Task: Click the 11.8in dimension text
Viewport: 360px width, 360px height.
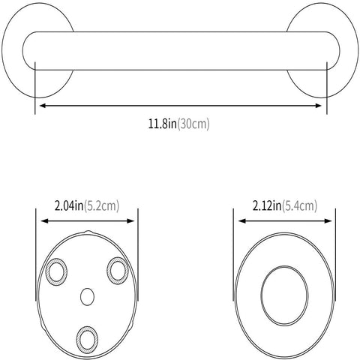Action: [162, 124]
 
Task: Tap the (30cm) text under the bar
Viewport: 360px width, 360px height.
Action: [193, 124]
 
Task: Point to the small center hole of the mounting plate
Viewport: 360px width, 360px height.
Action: [87, 296]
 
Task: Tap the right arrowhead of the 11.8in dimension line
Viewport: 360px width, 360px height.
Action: [321, 106]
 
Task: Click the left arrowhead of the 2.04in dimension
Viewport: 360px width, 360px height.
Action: [41, 221]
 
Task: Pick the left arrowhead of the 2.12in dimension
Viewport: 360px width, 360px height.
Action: [241, 221]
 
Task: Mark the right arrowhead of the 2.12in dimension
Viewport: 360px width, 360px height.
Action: [332, 221]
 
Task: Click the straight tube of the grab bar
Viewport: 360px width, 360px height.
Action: [180, 51]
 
